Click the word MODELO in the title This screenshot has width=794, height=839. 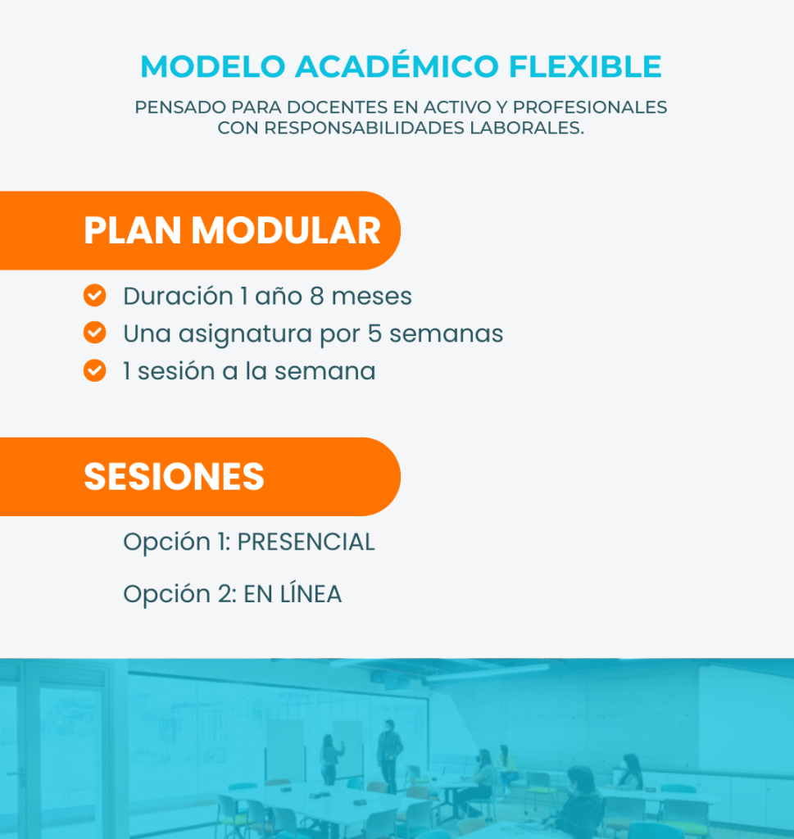coord(212,66)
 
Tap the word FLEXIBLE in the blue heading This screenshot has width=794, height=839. coord(585,66)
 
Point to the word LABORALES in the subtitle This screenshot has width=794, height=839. coord(527,128)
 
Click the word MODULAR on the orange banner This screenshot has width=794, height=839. coord(286,230)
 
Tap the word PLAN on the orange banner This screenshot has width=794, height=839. coord(133,230)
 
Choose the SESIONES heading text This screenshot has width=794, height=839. coord(174,476)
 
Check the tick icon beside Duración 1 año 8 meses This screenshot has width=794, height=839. coord(95,295)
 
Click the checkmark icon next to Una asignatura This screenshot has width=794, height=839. coord(95,333)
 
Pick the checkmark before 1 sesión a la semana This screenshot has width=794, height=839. coord(95,370)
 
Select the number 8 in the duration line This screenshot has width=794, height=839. coord(317,296)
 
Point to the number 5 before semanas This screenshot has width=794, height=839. coord(374,333)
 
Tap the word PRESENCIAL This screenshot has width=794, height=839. coord(306,542)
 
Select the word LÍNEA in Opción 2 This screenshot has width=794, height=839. coord(311,593)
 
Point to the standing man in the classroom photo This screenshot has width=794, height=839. coord(389,755)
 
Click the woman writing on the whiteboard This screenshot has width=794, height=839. coord(330,759)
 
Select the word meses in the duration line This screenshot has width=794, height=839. coord(372,296)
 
